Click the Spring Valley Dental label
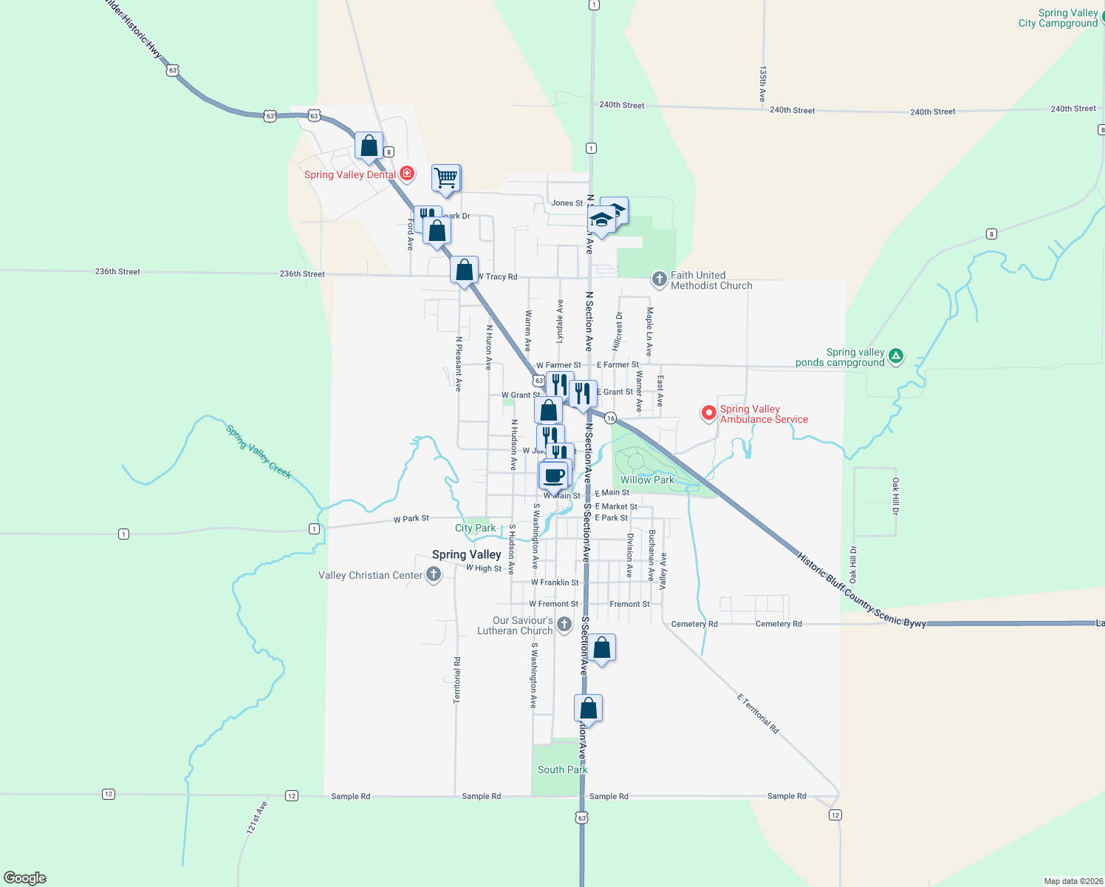pos(350,175)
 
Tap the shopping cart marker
pos(446,177)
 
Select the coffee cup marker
pos(555,474)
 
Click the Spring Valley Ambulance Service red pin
pos(709,413)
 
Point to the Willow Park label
pos(647,480)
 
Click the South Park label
pos(562,769)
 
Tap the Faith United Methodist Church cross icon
pos(659,279)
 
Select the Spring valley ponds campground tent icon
pos(896,356)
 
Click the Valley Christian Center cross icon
pos(434,574)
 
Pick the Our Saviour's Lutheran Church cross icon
pos(564,625)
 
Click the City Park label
pos(475,528)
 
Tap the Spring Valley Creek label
pos(259,451)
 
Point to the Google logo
pos(25,878)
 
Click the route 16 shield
pos(610,418)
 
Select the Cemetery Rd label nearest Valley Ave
pos(694,624)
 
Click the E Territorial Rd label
pos(758,713)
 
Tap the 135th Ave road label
pos(762,84)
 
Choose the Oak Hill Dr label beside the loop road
pos(895,496)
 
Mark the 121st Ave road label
pos(256,818)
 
